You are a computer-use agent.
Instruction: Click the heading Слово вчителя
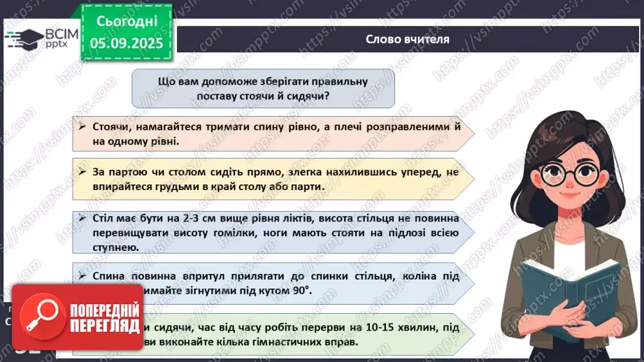click(x=407, y=39)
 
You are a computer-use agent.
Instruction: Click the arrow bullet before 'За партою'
click(x=83, y=171)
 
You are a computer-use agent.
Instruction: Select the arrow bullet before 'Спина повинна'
click(x=83, y=277)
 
